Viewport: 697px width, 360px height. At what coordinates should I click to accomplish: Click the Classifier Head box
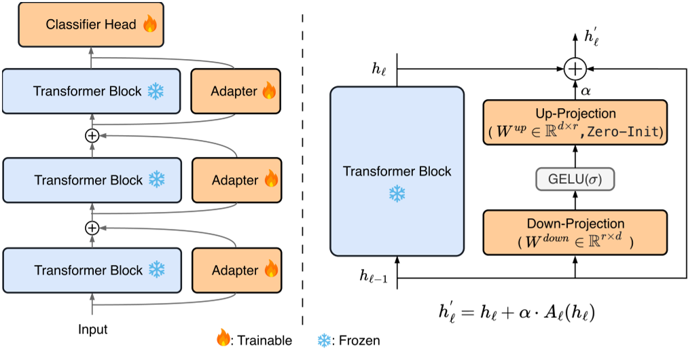(91, 25)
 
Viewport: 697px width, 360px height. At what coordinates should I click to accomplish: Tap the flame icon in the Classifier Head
(149, 25)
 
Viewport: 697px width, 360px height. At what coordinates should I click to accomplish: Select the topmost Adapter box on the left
(236, 91)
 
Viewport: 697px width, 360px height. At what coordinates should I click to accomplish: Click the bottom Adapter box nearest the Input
(236, 270)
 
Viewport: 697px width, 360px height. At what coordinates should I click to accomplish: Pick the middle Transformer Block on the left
(92, 180)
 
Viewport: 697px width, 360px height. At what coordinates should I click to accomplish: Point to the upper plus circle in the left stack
(92, 135)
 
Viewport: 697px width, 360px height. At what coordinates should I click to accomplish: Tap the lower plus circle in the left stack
(92, 227)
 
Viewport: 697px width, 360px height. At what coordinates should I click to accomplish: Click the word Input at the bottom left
(92, 329)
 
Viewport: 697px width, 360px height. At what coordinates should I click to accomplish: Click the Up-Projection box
(575, 123)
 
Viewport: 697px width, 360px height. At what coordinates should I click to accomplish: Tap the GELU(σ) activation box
(575, 179)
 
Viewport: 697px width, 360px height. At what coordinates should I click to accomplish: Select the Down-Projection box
(575, 232)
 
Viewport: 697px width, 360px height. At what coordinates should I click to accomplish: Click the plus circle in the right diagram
(575, 69)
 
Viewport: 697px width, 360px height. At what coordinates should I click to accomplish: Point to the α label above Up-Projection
(584, 89)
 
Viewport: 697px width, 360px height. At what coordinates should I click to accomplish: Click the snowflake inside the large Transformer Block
(397, 194)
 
